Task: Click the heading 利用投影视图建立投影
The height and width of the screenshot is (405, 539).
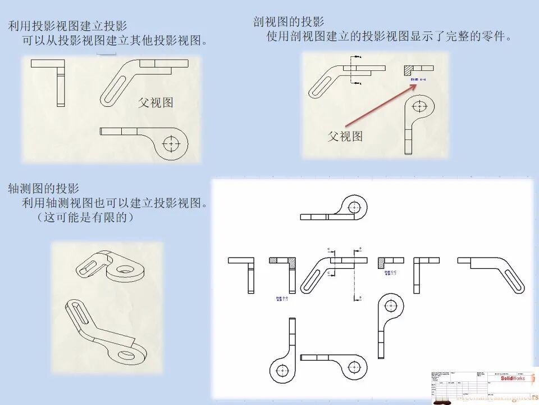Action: coord(67,26)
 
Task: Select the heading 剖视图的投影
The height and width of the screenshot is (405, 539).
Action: coord(289,22)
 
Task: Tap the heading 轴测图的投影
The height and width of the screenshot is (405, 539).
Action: coord(43,188)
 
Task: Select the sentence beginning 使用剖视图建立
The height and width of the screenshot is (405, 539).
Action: coord(389,37)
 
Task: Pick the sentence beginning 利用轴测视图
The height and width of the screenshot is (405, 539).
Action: coord(115,203)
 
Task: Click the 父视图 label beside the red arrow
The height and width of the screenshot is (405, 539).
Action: coord(345,136)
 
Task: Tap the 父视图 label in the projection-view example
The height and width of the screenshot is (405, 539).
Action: coord(156,102)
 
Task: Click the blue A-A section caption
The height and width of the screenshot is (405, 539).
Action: coord(418,80)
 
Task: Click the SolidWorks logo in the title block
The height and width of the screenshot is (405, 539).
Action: coord(513,378)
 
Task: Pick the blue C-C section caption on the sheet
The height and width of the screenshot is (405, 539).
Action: coord(391,273)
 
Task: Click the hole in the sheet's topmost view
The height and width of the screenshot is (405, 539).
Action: coord(353,207)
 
